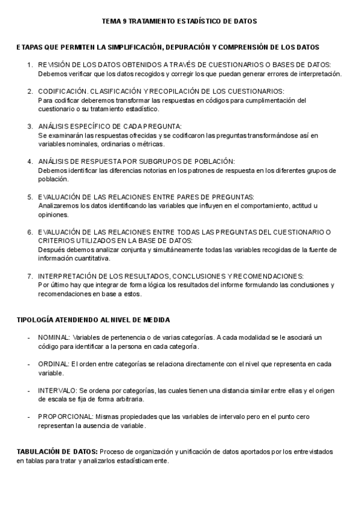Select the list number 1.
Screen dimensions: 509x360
(29, 64)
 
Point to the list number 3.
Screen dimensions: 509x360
(29, 127)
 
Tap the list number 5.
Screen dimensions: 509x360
(29, 197)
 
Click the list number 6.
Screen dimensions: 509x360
(29, 232)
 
